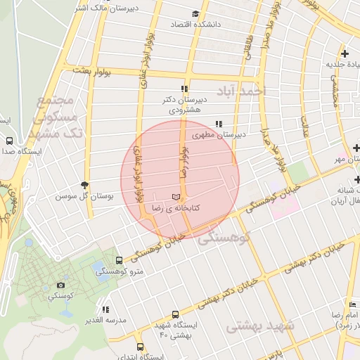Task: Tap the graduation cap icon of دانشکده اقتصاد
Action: click(195, 13)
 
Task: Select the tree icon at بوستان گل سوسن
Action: click(86, 185)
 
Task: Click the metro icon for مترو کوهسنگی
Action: click(118, 260)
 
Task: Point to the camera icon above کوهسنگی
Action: click(61, 285)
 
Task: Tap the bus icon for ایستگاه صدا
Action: click(9, 141)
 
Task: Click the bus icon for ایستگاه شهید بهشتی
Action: click(175, 315)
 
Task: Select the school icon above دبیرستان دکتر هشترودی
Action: click(184, 89)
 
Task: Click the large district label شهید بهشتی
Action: click(260, 327)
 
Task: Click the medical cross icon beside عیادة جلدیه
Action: click(345, 53)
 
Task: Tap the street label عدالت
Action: click(304, 125)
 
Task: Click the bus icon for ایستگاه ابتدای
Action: click(140, 347)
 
